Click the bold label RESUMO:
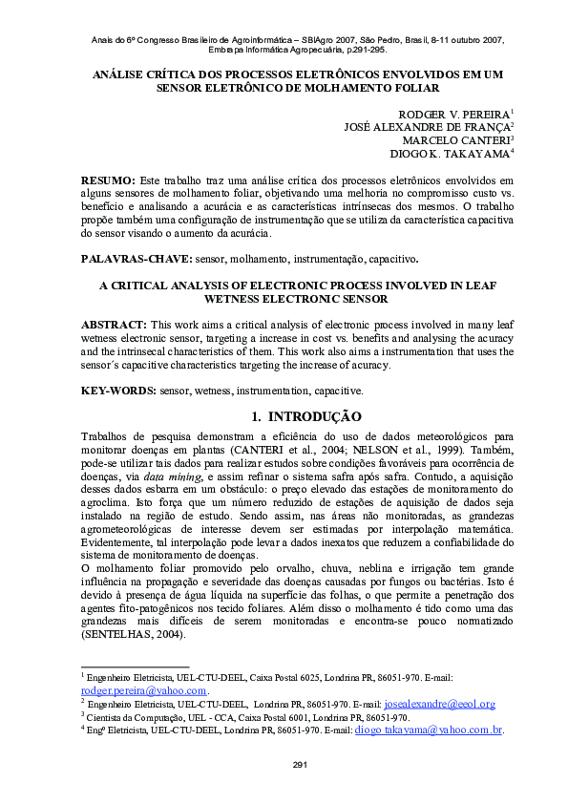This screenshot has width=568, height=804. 108,180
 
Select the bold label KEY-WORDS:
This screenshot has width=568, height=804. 118,390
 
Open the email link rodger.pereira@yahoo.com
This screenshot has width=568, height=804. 143,690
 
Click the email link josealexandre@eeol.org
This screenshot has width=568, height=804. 439,704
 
